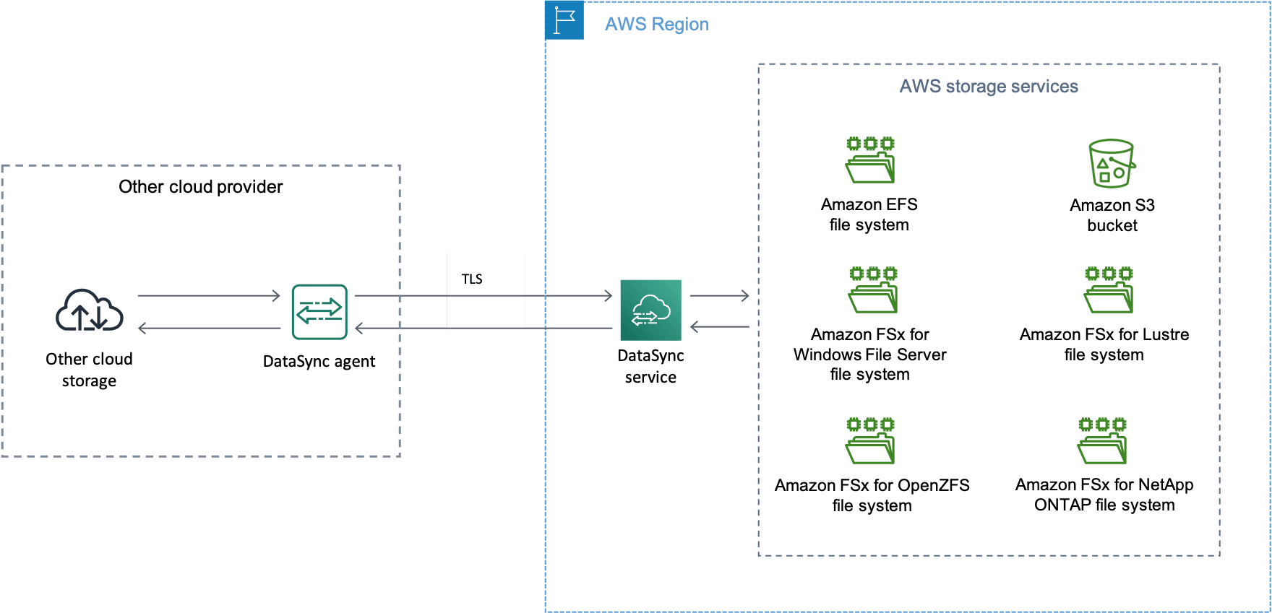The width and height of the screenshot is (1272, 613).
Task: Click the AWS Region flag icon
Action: (x=564, y=20)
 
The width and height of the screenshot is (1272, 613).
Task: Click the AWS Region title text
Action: (x=656, y=25)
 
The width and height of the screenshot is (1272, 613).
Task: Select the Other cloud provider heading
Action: (x=200, y=187)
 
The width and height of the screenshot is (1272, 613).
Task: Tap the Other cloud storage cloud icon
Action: (x=89, y=310)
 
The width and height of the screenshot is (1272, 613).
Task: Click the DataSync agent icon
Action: (x=319, y=312)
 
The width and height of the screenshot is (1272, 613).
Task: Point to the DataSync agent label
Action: (x=319, y=362)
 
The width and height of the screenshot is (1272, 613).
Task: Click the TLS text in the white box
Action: (x=472, y=279)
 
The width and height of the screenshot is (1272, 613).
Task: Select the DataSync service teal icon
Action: (x=650, y=310)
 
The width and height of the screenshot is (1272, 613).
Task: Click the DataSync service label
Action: (x=650, y=366)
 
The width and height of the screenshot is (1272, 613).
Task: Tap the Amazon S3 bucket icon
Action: (x=1112, y=164)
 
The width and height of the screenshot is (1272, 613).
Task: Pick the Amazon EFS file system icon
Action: (x=870, y=160)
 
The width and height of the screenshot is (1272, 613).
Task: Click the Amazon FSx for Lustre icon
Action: (x=1109, y=290)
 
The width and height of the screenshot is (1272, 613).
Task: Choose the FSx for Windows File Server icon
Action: (x=873, y=290)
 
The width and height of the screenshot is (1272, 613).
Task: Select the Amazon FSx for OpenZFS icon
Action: (x=870, y=440)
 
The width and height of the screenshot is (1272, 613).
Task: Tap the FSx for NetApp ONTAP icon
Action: (x=1102, y=440)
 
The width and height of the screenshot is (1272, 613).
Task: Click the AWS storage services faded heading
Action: (x=989, y=87)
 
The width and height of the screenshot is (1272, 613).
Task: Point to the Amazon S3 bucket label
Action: (x=1112, y=215)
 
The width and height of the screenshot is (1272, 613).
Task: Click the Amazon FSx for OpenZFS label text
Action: (x=872, y=495)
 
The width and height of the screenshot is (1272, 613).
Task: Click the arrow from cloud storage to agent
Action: (x=208, y=296)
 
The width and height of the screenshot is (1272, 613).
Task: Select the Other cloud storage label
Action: (x=89, y=370)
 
